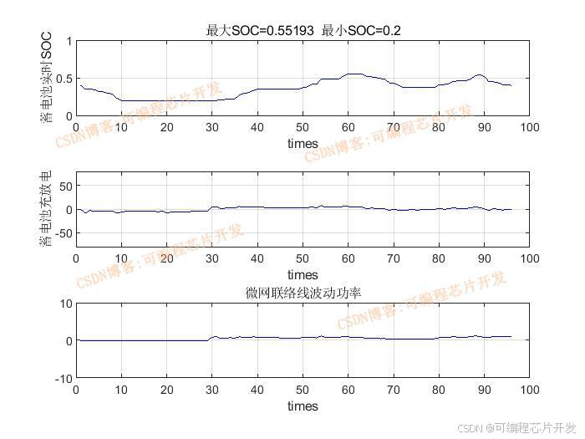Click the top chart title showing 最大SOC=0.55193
click(303, 30)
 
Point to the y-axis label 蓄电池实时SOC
click(46, 77)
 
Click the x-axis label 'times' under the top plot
click(303, 143)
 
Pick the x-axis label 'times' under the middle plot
click(303, 274)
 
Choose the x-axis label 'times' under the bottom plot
click(303, 406)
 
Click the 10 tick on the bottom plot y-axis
click(64, 303)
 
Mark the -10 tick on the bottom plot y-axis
click(62, 379)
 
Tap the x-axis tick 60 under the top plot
click(348, 127)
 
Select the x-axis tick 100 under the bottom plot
click(529, 391)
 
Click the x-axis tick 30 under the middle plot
click(212, 258)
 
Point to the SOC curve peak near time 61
click(354, 74)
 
